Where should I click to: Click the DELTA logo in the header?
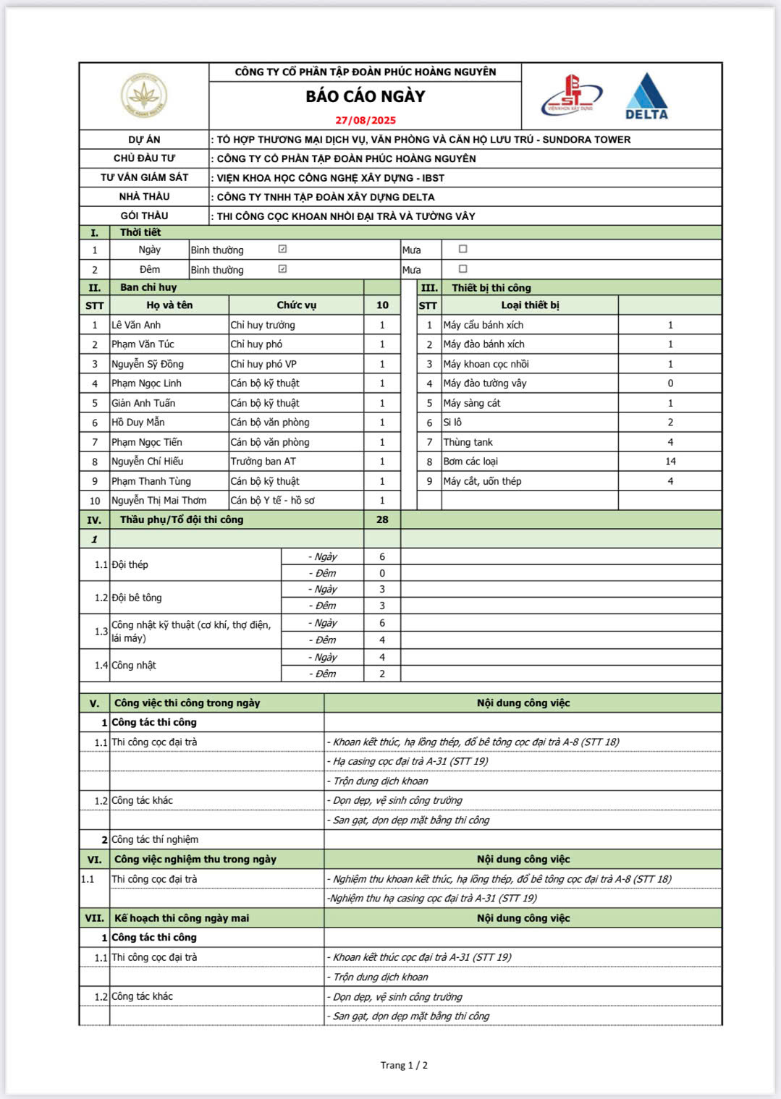click(x=646, y=96)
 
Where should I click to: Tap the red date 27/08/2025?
click(x=366, y=120)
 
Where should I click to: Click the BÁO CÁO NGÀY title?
click(x=366, y=96)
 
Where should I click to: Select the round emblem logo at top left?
click(x=144, y=96)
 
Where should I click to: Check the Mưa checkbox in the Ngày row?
click(x=463, y=249)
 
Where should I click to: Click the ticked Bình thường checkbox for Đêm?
click(x=282, y=269)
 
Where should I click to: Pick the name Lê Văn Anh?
click(x=136, y=325)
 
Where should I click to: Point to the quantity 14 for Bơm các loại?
click(x=670, y=461)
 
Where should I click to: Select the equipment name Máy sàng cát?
click(x=472, y=403)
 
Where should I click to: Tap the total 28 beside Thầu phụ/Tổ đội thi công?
click(x=382, y=519)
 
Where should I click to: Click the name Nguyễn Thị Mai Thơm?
click(x=159, y=500)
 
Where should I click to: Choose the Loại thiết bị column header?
click(x=530, y=305)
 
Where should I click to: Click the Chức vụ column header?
click(x=296, y=305)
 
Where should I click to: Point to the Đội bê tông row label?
click(x=137, y=598)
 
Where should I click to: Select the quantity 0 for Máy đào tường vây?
click(x=670, y=383)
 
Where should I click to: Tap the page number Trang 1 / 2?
click(x=404, y=1065)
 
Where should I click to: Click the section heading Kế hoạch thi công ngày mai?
click(x=182, y=918)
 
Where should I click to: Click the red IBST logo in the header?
click(x=572, y=96)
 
